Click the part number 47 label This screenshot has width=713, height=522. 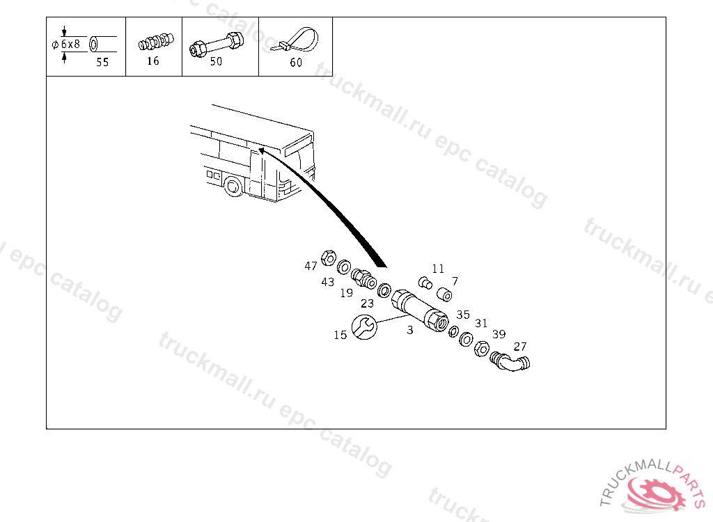[311, 266]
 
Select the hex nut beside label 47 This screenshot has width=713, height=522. [329, 258]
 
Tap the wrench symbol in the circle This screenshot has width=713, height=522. [364, 327]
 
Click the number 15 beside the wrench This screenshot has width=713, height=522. [340, 335]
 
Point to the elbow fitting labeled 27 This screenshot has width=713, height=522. [510, 361]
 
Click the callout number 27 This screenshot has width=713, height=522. [519, 347]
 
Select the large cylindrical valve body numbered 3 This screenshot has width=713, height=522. [419, 310]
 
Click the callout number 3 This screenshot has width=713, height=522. [409, 330]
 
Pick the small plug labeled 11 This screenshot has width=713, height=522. [425, 283]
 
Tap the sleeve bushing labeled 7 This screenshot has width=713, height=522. [444, 294]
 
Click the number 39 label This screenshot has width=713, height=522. [499, 334]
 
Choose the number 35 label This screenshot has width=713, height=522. [463, 315]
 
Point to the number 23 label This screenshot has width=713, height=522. [367, 303]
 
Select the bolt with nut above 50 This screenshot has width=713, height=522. [217, 44]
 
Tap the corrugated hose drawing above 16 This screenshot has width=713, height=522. [156, 42]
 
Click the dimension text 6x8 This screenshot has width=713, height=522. [70, 44]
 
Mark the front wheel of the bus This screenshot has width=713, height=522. [234, 186]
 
